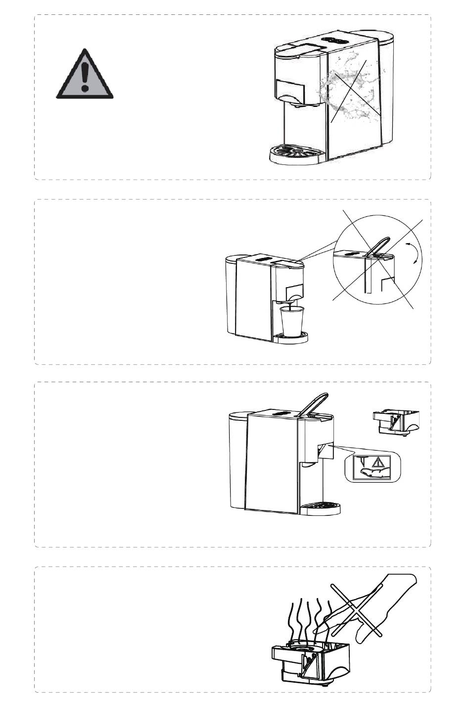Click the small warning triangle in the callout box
(x=378, y=463)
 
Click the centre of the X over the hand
(x=356, y=609)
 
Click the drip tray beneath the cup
(x=292, y=338)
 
